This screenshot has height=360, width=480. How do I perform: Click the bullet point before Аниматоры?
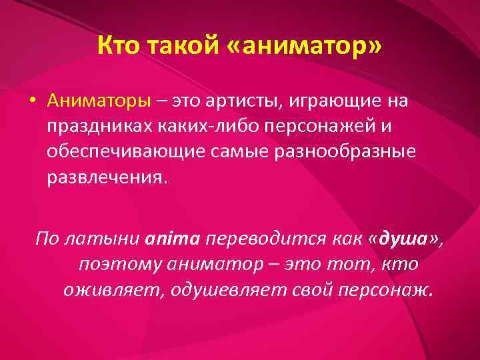pyautogui.click(x=31, y=101)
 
